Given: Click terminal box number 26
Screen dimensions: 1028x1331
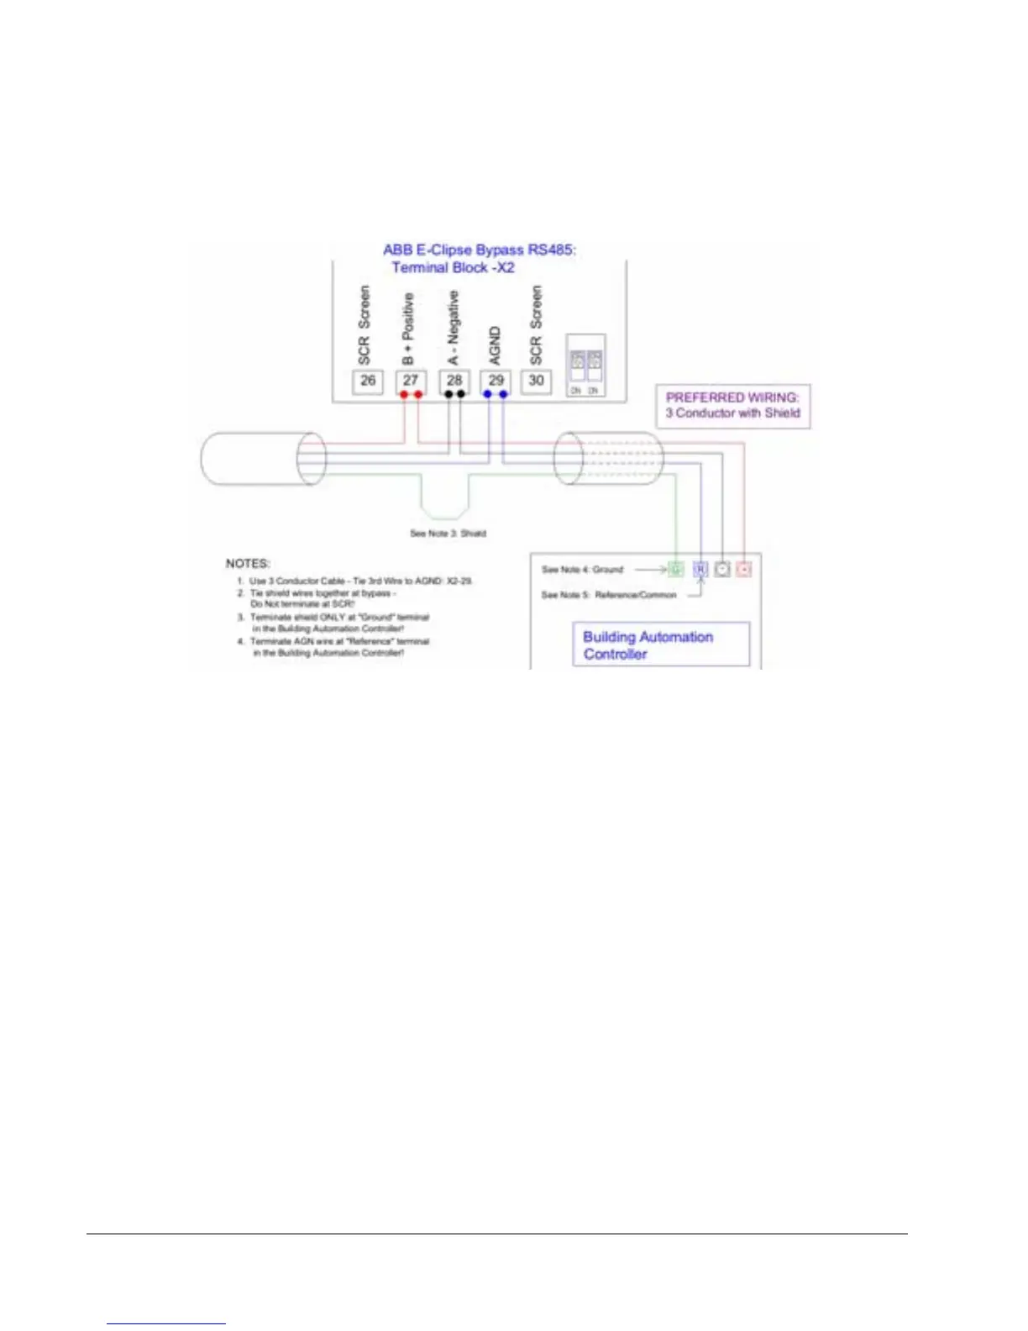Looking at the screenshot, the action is tap(368, 381).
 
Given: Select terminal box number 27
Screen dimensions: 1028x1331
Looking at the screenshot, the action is tap(411, 381).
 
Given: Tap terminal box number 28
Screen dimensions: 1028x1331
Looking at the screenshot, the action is tap(454, 381).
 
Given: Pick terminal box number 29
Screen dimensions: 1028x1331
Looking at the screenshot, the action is tap(496, 381).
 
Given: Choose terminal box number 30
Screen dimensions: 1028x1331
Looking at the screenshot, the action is tap(536, 381).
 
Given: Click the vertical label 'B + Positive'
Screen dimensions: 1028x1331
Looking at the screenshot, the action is tap(408, 329).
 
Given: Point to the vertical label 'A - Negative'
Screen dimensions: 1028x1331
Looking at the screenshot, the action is tap(454, 328).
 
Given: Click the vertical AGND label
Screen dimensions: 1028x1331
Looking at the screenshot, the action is tap(495, 345).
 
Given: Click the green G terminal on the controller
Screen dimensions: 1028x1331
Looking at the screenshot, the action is tap(676, 570).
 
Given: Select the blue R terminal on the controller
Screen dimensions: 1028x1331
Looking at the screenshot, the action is tap(700, 570).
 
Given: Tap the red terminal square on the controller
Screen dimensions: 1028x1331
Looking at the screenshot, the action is tap(743, 570).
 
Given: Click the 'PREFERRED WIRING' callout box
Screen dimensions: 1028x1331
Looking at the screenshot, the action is tap(733, 406).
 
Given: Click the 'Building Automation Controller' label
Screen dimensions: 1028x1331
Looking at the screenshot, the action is tap(648, 645).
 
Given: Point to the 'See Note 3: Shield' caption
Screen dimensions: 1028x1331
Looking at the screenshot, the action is tap(448, 534).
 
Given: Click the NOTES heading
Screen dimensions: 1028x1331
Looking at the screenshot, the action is tap(248, 563).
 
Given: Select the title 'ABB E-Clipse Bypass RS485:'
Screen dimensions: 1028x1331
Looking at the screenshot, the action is tap(480, 250).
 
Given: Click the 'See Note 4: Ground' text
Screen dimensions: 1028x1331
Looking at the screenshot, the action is tap(582, 570).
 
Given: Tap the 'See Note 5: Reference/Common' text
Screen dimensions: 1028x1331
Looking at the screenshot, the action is tap(609, 595).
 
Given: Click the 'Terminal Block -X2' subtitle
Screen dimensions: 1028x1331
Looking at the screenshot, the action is tap(453, 268).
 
